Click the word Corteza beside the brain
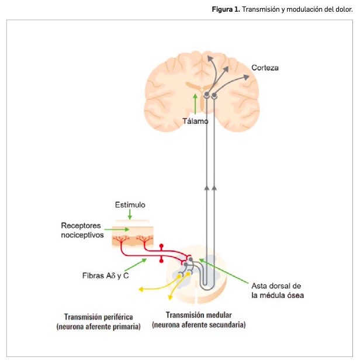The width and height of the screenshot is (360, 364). pyautogui.click(x=265, y=68)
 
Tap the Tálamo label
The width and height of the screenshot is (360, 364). pyautogui.click(x=195, y=122)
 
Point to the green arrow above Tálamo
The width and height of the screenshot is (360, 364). pyautogui.click(x=195, y=103)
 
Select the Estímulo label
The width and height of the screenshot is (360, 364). pyautogui.click(x=130, y=205)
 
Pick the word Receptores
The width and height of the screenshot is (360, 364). pyautogui.click(x=81, y=226)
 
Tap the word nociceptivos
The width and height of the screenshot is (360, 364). pyautogui.click(x=82, y=235)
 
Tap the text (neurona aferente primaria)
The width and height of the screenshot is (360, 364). pyautogui.click(x=98, y=327)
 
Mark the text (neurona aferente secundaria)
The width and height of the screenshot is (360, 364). pyautogui.click(x=198, y=324)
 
